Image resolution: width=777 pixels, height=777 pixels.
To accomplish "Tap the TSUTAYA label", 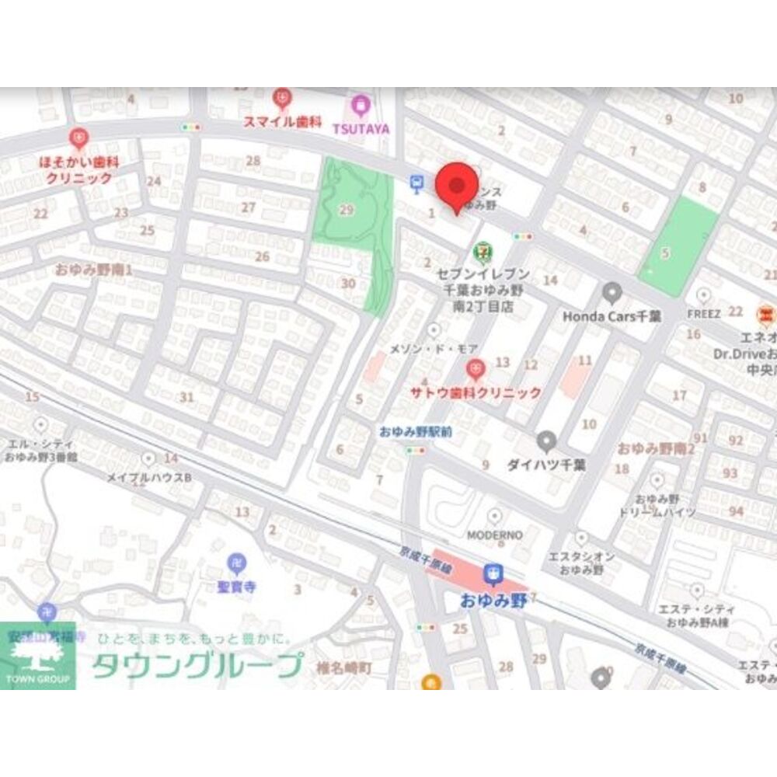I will click(x=361, y=129).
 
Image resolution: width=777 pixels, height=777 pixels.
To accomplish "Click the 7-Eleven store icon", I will click(x=483, y=251).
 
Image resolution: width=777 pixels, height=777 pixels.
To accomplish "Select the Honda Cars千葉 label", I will click(x=611, y=316).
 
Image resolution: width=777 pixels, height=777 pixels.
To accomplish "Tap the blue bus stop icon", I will click(x=417, y=183).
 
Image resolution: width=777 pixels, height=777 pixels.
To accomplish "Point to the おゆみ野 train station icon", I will click(x=491, y=574).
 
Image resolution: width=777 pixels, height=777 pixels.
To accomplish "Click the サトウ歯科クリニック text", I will click(x=476, y=392).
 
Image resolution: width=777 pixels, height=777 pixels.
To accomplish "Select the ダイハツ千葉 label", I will click(x=546, y=465).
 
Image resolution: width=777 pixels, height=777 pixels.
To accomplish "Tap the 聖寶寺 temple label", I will click(x=236, y=587).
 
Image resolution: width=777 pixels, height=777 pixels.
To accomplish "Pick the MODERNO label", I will click(x=494, y=535).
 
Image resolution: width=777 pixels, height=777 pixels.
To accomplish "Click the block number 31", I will click(x=186, y=397).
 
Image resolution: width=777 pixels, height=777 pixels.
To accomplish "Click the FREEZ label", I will click(x=703, y=313).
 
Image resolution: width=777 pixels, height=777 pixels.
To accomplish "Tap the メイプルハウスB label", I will click(x=148, y=477).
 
